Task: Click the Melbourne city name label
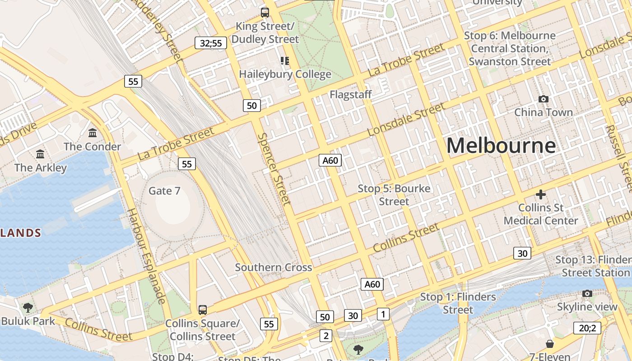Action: pyautogui.click(x=501, y=146)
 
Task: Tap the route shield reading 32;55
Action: pyautogui.click(x=211, y=43)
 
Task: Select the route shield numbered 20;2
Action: pyautogui.click(x=587, y=328)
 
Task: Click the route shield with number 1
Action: pyautogui.click(x=383, y=314)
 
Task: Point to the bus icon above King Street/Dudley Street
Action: pyautogui.click(x=265, y=13)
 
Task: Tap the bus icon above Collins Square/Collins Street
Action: pyautogui.click(x=203, y=310)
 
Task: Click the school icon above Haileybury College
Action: pyautogui.click(x=284, y=60)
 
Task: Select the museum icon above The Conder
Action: pyautogui.click(x=93, y=133)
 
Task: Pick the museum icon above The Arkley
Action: pyautogui.click(x=40, y=154)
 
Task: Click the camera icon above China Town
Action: pyautogui.click(x=544, y=99)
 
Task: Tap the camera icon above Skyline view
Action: pyautogui.click(x=587, y=294)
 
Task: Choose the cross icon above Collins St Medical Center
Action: pyautogui.click(x=540, y=194)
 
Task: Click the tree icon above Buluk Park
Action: pyautogui.click(x=28, y=308)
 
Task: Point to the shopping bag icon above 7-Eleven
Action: pyautogui.click(x=549, y=344)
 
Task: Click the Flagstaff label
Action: pyautogui.click(x=350, y=94)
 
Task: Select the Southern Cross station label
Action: pyautogui.click(x=274, y=267)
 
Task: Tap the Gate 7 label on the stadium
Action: pyautogui.click(x=164, y=191)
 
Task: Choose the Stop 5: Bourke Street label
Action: pyautogui.click(x=394, y=195)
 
